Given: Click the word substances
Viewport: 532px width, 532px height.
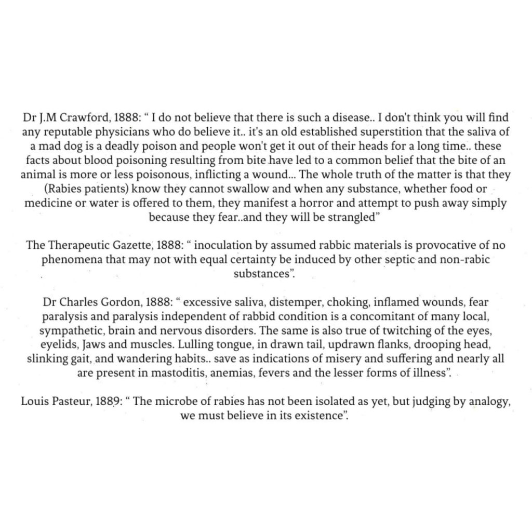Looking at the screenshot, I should coord(262,274).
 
